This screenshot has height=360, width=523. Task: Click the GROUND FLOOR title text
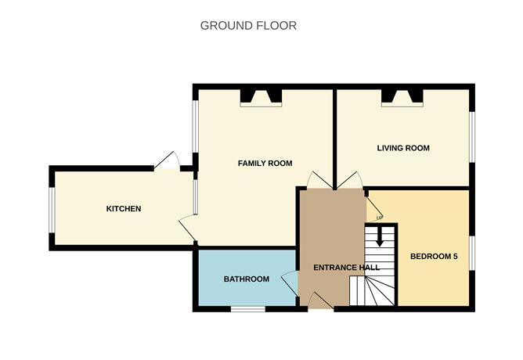(x=248, y=25)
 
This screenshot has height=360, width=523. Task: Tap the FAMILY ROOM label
(x=265, y=164)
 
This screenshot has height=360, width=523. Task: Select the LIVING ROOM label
(x=402, y=148)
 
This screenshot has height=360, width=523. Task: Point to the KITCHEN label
(x=124, y=209)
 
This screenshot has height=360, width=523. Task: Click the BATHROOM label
(x=247, y=279)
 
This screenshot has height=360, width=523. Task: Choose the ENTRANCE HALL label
(x=346, y=268)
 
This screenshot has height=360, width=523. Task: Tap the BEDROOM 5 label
(x=433, y=256)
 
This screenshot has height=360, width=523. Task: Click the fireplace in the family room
(x=261, y=97)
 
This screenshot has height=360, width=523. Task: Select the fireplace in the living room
(x=402, y=97)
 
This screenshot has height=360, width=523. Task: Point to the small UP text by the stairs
(x=379, y=217)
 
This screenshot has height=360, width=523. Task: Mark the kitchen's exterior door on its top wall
(x=168, y=161)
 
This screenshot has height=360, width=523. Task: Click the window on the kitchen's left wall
(x=51, y=209)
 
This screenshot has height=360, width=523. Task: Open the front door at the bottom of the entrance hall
(x=320, y=301)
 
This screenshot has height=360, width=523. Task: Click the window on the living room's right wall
(x=472, y=137)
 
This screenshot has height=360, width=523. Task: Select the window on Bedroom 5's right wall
(x=472, y=252)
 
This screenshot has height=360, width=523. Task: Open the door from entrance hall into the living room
(x=350, y=181)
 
